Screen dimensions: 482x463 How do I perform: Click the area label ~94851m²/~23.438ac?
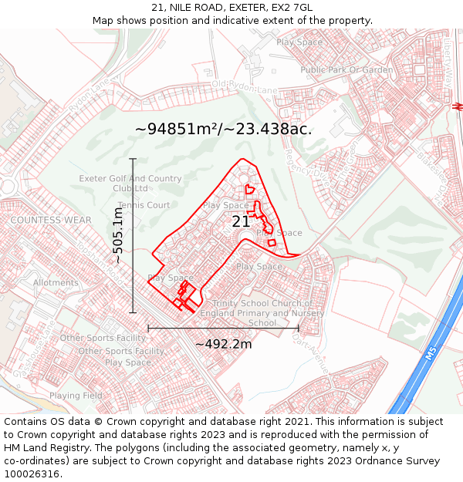(x=224, y=129)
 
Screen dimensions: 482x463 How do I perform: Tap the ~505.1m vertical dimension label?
(x=117, y=236)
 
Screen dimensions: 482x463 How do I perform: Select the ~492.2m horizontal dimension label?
(x=223, y=344)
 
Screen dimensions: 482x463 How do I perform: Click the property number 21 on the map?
(x=241, y=221)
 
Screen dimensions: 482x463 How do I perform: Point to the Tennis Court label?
(x=144, y=205)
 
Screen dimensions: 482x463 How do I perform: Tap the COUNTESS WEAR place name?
(x=39, y=220)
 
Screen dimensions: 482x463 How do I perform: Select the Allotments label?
(x=56, y=283)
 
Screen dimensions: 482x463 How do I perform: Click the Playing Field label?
(x=76, y=396)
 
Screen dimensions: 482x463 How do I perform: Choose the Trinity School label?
(x=262, y=313)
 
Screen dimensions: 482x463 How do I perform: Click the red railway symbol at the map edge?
(x=458, y=106)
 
